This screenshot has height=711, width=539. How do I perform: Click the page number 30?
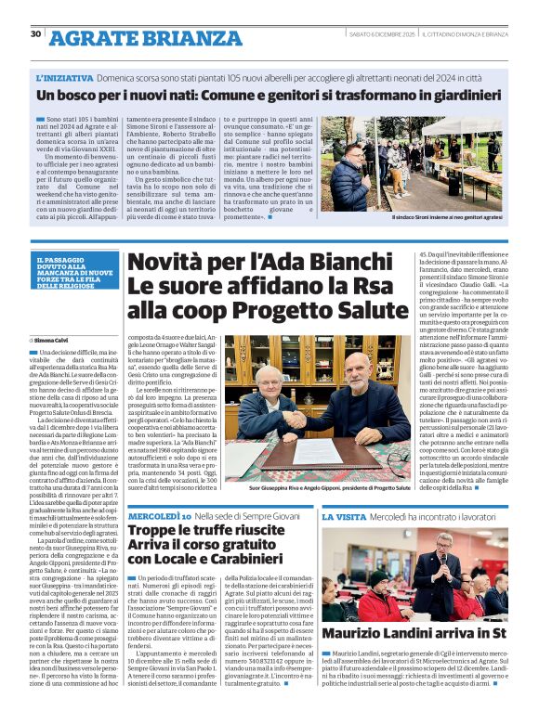(35, 34)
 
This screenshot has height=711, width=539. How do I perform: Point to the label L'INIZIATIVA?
(65, 79)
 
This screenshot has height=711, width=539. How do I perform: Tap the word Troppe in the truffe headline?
(153, 530)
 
